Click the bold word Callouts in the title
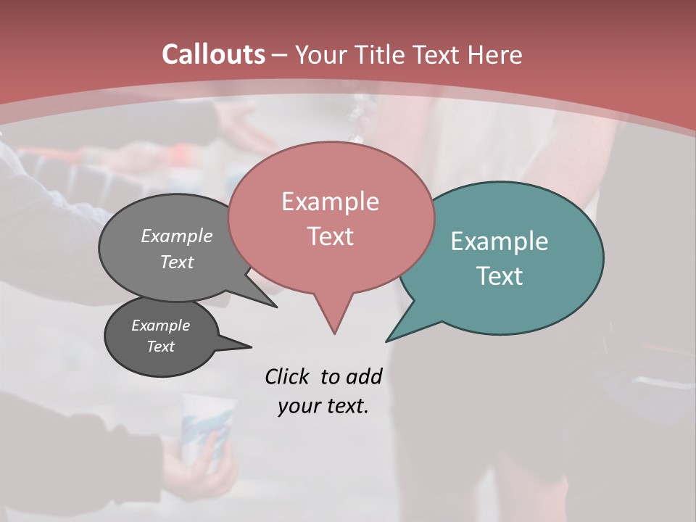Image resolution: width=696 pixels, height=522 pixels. [x=213, y=54]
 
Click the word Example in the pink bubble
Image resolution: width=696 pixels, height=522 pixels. [x=330, y=202]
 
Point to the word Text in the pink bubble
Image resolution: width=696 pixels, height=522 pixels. [x=330, y=236]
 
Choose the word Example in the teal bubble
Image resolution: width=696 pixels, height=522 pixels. [x=500, y=241]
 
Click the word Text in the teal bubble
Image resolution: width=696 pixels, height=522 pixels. [x=500, y=275]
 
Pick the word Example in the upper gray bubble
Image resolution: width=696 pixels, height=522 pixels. [x=177, y=236]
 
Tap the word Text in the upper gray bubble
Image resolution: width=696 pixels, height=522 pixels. [x=177, y=262]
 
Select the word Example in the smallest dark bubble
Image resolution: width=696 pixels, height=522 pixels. [x=160, y=326]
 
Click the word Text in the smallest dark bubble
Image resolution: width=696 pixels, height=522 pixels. [x=160, y=347]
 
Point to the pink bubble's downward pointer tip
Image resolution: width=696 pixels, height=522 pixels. [x=334, y=333]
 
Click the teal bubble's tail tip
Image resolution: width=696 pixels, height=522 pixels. [x=387, y=341]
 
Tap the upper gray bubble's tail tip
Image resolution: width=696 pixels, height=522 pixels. [x=276, y=307]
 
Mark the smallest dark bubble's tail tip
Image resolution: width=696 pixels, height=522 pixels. [x=251, y=346]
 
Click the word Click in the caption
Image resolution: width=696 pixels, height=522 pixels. [x=289, y=377]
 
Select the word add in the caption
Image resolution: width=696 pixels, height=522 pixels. [x=363, y=377]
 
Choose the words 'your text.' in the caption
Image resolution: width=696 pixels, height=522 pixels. [x=323, y=406]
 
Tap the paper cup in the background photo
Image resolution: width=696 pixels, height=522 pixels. [x=207, y=428]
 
